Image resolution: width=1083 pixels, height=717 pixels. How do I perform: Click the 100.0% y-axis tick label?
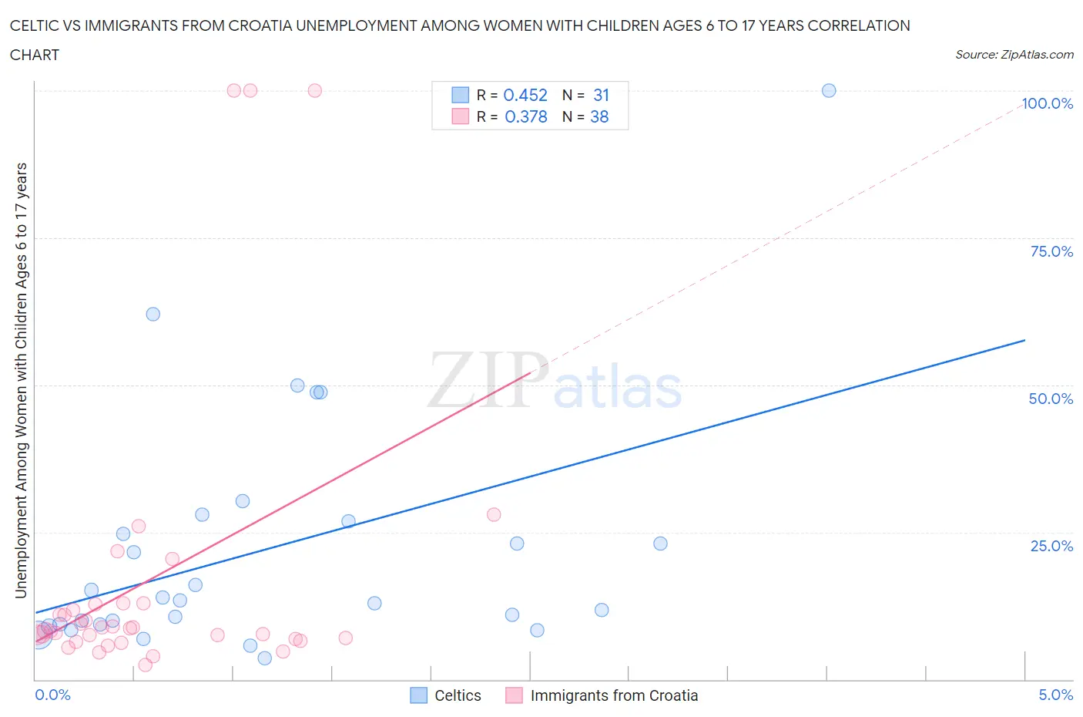(x=1047, y=103)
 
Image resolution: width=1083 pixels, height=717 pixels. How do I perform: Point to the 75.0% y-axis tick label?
(x=1051, y=251)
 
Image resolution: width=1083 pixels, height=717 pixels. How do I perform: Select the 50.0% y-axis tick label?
(x=1051, y=399)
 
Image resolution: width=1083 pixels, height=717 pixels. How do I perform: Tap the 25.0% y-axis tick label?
(x=1051, y=546)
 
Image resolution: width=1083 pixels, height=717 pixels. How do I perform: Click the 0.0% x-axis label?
(x=52, y=695)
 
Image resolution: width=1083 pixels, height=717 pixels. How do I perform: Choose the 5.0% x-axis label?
(x=1055, y=695)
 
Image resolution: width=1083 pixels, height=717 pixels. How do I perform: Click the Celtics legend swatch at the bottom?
(x=418, y=695)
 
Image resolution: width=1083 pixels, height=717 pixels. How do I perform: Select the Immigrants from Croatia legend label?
(x=614, y=695)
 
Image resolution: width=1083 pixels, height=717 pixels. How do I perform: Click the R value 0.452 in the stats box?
(x=525, y=95)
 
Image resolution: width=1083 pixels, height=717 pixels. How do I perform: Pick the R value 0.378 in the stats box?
(x=526, y=116)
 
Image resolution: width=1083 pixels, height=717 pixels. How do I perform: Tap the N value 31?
(x=602, y=95)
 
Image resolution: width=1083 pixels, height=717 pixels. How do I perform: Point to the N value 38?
(x=599, y=116)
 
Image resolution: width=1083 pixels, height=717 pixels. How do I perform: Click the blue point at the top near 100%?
(x=829, y=90)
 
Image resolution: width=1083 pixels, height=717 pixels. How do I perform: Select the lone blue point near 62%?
(x=153, y=314)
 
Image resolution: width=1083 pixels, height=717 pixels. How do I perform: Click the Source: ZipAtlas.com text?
(x=1014, y=54)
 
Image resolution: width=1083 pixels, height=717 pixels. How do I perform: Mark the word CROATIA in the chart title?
(x=374, y=25)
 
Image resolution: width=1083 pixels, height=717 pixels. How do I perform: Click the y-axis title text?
(x=21, y=380)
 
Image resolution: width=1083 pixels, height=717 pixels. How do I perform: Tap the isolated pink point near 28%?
(x=494, y=514)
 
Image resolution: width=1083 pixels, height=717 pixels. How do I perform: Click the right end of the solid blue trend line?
(x=1024, y=340)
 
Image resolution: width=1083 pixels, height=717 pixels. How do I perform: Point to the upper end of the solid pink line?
(x=531, y=372)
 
